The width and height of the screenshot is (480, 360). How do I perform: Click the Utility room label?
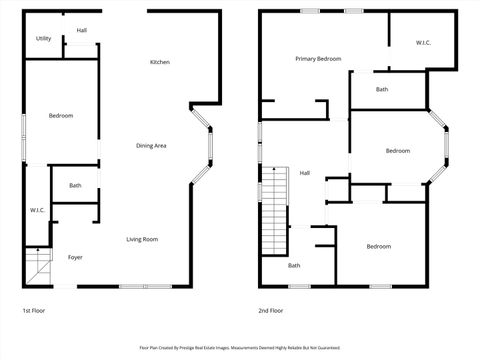point(44,39)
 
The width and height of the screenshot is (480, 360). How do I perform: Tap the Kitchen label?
point(160,62)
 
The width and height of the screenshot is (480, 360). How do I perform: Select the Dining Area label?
point(151,146)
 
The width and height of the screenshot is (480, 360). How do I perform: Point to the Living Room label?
point(142,239)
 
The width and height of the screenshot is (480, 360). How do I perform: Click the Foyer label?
point(75,257)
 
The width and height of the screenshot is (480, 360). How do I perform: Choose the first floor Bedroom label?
point(61,116)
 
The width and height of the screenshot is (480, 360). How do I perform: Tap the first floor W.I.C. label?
point(37,210)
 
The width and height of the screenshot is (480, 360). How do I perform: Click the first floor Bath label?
point(75,186)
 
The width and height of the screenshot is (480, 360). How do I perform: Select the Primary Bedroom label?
point(318,59)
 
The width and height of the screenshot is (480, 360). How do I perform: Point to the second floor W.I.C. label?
point(423,43)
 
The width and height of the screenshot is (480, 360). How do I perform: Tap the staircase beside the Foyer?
point(37,265)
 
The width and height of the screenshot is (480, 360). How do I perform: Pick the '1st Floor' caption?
point(33,311)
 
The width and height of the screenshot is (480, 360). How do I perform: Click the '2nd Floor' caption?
point(270,311)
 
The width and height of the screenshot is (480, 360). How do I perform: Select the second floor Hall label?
point(304,173)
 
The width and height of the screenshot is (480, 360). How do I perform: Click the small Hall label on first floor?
point(81,31)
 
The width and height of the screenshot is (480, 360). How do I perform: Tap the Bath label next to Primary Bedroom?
point(382,90)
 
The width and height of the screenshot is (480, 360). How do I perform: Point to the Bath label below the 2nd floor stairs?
point(294,266)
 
